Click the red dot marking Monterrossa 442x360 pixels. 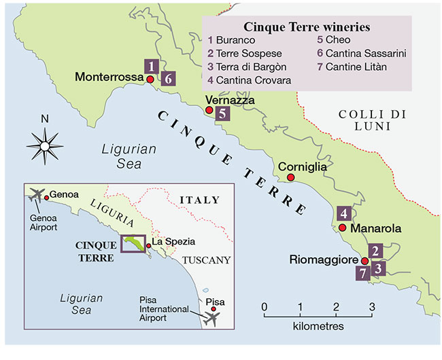(150, 79)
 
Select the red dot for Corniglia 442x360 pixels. (290, 178)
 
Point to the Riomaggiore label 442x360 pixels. (324, 259)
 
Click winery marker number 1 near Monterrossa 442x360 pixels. (152, 66)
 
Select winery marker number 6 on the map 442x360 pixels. (169, 78)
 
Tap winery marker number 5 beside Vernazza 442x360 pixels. (222, 114)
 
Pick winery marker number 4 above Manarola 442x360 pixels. (344, 213)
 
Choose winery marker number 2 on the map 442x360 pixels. (378, 251)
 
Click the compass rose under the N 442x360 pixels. (45, 145)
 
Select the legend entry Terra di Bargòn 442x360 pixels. (251, 67)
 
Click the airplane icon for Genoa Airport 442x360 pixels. (35, 194)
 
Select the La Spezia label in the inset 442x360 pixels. (173, 242)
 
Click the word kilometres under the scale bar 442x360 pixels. (318, 327)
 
